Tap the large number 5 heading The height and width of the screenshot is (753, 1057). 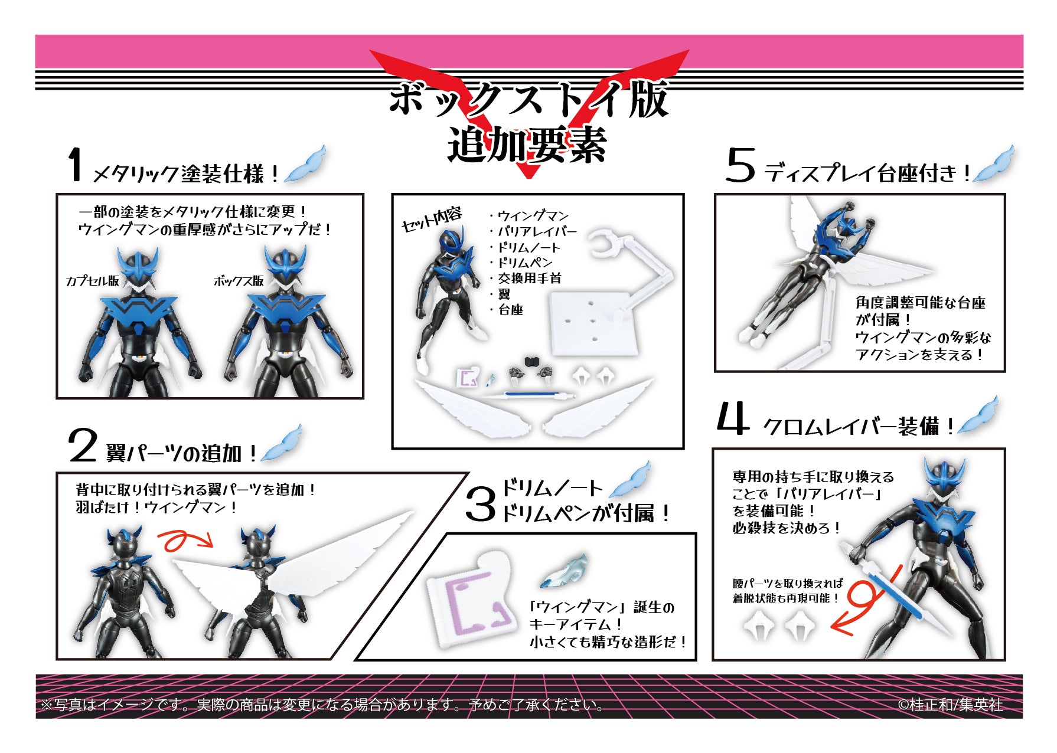[x=740, y=165]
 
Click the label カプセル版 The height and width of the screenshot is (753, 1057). [x=93, y=281]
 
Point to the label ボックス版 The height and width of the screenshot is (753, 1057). [x=239, y=281]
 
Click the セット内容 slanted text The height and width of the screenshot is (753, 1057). [x=431, y=220]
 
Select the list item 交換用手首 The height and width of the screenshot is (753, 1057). [x=529, y=278]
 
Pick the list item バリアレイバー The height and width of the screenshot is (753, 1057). [x=536, y=231]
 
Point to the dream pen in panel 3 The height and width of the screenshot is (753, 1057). [x=565, y=571]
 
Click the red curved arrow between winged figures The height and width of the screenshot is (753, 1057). [x=185, y=539]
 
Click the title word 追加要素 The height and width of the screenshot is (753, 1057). [x=527, y=145]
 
